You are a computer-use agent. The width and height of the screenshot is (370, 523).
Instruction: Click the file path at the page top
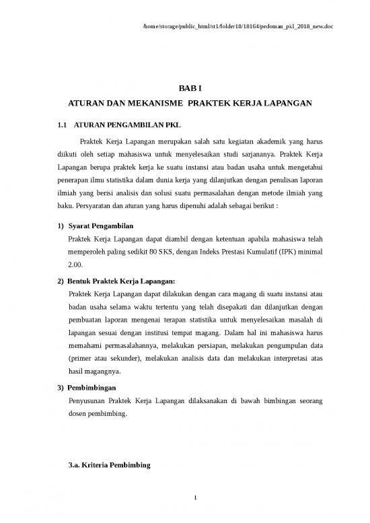239,26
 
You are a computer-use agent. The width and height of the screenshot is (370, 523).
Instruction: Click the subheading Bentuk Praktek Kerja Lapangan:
121,280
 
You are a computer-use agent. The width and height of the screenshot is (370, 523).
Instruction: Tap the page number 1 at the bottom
194,497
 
